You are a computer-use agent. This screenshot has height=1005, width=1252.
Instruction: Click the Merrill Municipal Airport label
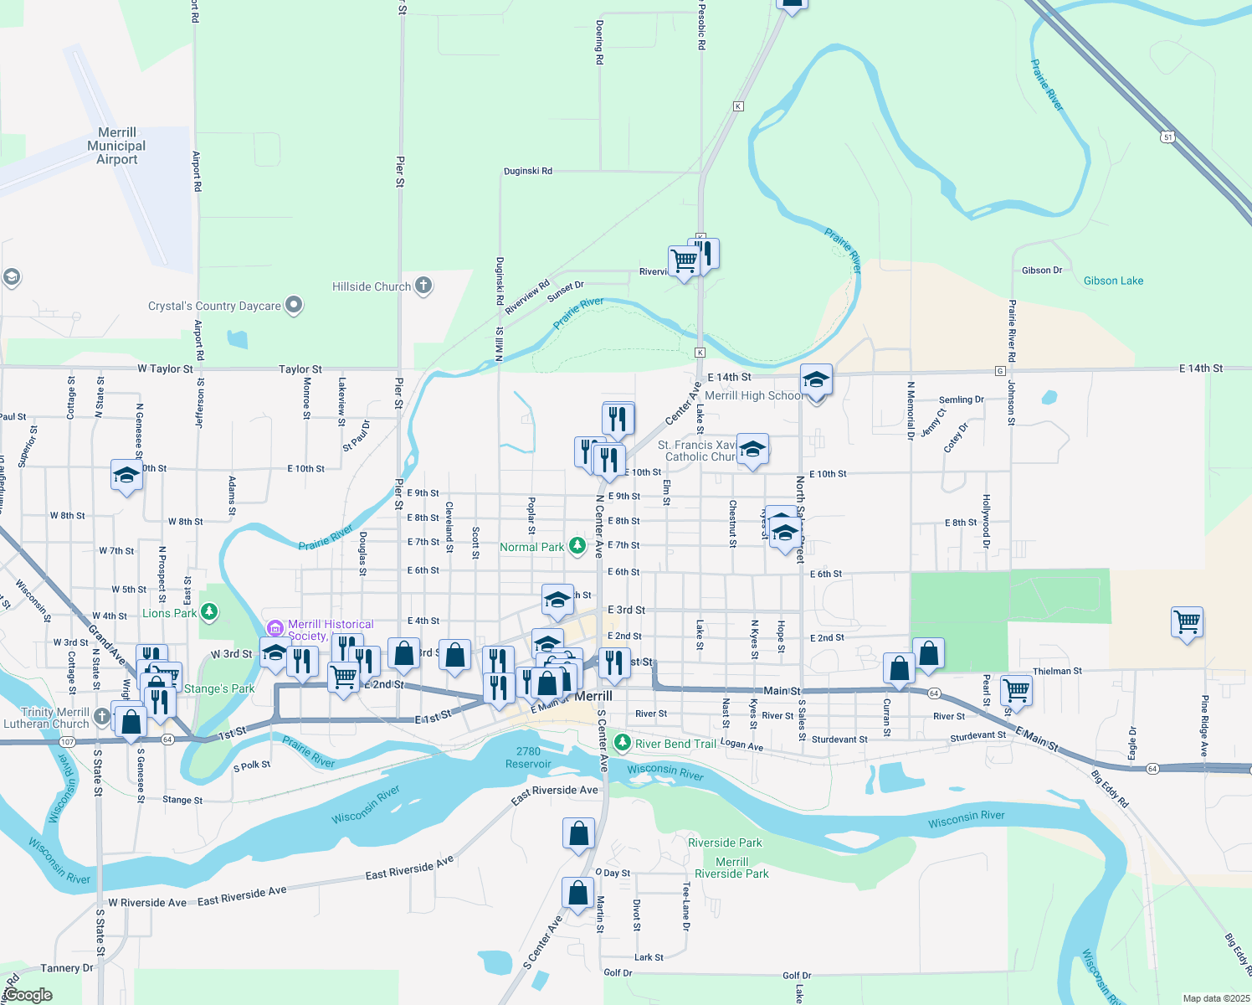pos(117,146)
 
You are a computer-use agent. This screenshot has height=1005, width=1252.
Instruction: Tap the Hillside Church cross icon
pos(423,286)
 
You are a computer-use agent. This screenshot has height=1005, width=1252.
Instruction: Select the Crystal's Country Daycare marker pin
pos(294,306)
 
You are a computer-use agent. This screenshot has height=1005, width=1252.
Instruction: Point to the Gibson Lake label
pos(1113,281)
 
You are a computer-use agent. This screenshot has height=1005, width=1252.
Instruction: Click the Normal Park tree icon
pos(577,546)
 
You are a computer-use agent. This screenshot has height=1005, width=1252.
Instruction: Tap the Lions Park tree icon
pos(209,612)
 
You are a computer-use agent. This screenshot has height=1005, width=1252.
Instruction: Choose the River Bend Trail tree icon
pos(622,743)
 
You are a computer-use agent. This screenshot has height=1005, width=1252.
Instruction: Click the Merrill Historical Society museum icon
pos(275,628)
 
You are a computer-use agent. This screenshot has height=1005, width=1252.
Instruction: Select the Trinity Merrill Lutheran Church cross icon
pos(101,716)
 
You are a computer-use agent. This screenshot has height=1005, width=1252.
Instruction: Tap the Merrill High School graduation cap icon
pos(816,380)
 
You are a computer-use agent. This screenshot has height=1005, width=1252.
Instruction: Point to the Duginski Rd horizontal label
pos(528,171)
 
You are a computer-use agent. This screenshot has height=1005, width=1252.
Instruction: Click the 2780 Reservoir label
pos(528,757)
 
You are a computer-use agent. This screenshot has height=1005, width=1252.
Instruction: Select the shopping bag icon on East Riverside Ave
pos(578,834)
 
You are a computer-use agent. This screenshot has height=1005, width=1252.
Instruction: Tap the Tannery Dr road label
pos(67,968)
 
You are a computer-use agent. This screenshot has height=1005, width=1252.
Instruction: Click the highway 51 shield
pos(1167,136)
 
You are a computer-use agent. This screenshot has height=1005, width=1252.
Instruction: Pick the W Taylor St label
pos(165,368)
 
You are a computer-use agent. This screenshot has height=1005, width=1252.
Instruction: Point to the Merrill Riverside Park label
pos(731,868)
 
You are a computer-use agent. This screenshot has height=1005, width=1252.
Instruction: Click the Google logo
pos(28,995)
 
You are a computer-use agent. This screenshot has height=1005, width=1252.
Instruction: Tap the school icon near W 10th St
pos(126,476)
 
